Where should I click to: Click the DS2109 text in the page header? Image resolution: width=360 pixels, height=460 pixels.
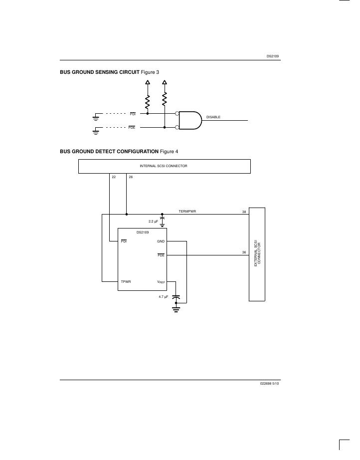273,56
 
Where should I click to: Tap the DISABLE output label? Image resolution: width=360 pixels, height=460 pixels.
213,117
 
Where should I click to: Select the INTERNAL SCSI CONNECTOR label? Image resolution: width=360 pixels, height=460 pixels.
164,166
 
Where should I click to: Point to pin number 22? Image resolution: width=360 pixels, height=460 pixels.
114,177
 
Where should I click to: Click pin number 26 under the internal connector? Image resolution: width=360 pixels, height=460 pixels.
131,177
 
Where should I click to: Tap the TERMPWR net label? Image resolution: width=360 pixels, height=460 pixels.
187,212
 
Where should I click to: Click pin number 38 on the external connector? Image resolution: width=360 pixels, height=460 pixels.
244,212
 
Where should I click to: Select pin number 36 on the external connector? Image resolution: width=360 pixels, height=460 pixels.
244,252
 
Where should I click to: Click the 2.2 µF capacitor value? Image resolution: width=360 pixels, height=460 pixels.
153,221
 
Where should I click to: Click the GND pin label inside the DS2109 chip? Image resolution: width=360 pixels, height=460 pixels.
161,241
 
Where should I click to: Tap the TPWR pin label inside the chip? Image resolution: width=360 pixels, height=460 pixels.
126,282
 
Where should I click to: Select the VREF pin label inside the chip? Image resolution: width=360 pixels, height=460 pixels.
161,282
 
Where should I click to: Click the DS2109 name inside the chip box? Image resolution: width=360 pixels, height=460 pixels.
143,232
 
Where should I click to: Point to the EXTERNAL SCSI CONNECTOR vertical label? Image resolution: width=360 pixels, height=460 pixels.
257,254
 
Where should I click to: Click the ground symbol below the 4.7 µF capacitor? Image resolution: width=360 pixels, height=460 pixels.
176,309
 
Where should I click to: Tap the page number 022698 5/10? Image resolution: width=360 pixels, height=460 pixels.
270,385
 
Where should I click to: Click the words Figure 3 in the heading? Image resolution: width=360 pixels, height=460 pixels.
151,73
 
